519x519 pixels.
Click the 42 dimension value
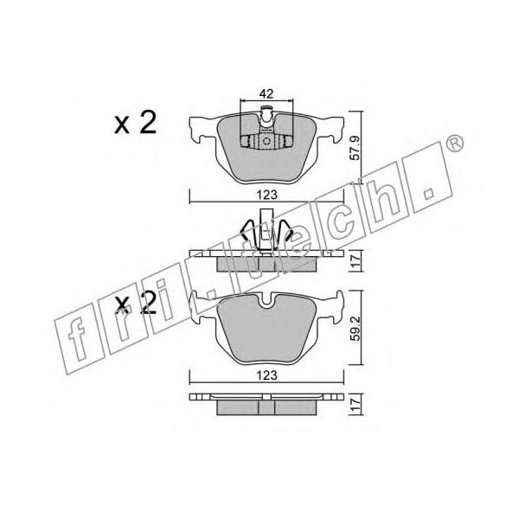[x=266, y=93]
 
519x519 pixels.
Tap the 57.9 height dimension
[x=355, y=148]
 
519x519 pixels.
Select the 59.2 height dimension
[x=355, y=329]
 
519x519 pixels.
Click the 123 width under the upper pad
[x=267, y=195]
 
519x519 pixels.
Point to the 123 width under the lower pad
[x=267, y=375]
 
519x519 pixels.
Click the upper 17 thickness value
[x=355, y=261]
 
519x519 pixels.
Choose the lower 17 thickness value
[x=355, y=405]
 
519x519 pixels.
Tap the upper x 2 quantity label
[x=135, y=123]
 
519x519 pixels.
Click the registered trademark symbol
[x=455, y=144]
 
